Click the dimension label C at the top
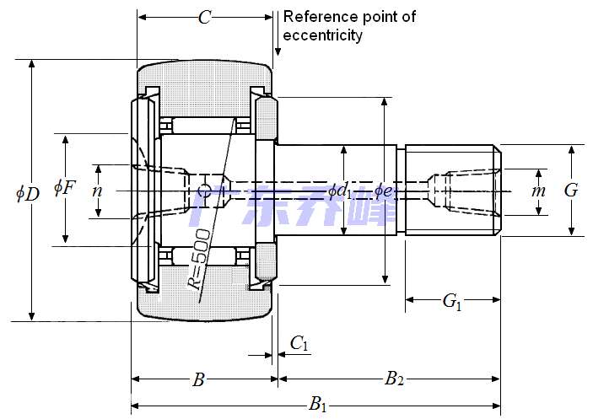click(204, 18)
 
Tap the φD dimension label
click(27, 193)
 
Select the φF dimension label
click(64, 187)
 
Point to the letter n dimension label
click(98, 191)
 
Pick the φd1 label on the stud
click(341, 191)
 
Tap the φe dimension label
click(383, 191)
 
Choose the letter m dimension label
click(538, 191)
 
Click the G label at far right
click(571, 191)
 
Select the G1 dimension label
click(452, 301)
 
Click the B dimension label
click(198, 380)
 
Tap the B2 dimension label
click(393, 379)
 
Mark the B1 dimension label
click(318, 405)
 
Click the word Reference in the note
click(317, 17)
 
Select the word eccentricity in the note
click(323, 35)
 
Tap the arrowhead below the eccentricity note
click(278, 52)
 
